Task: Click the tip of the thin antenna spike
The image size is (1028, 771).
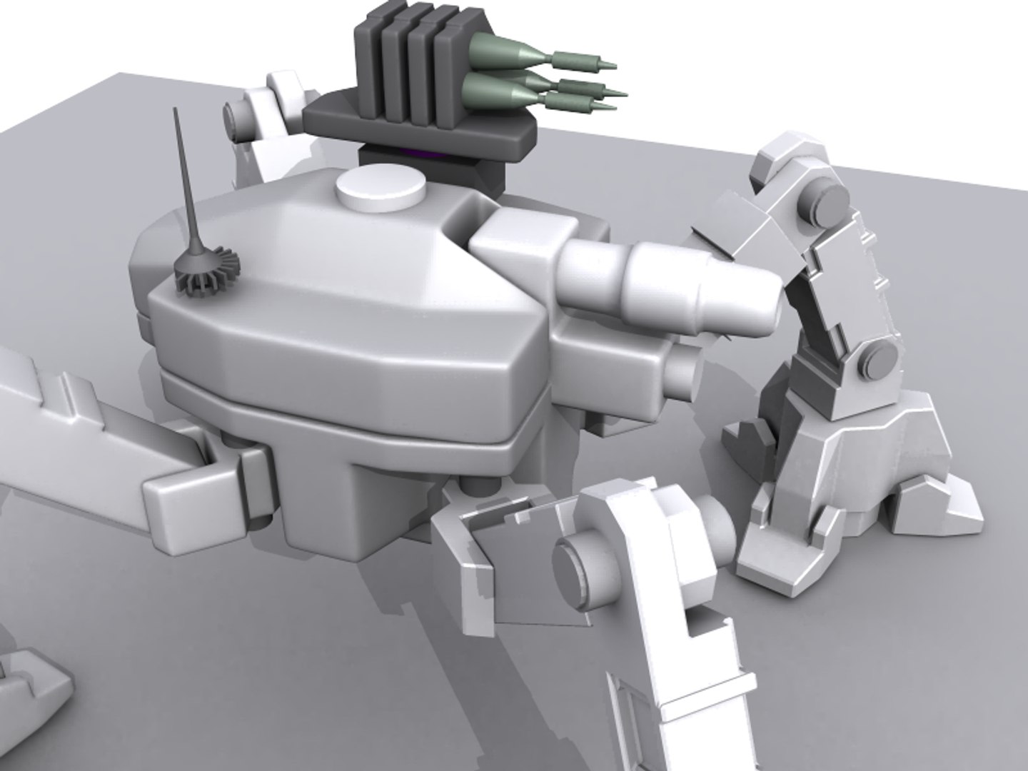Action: point(174,111)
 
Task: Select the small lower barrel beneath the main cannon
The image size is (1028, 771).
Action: point(682,371)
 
